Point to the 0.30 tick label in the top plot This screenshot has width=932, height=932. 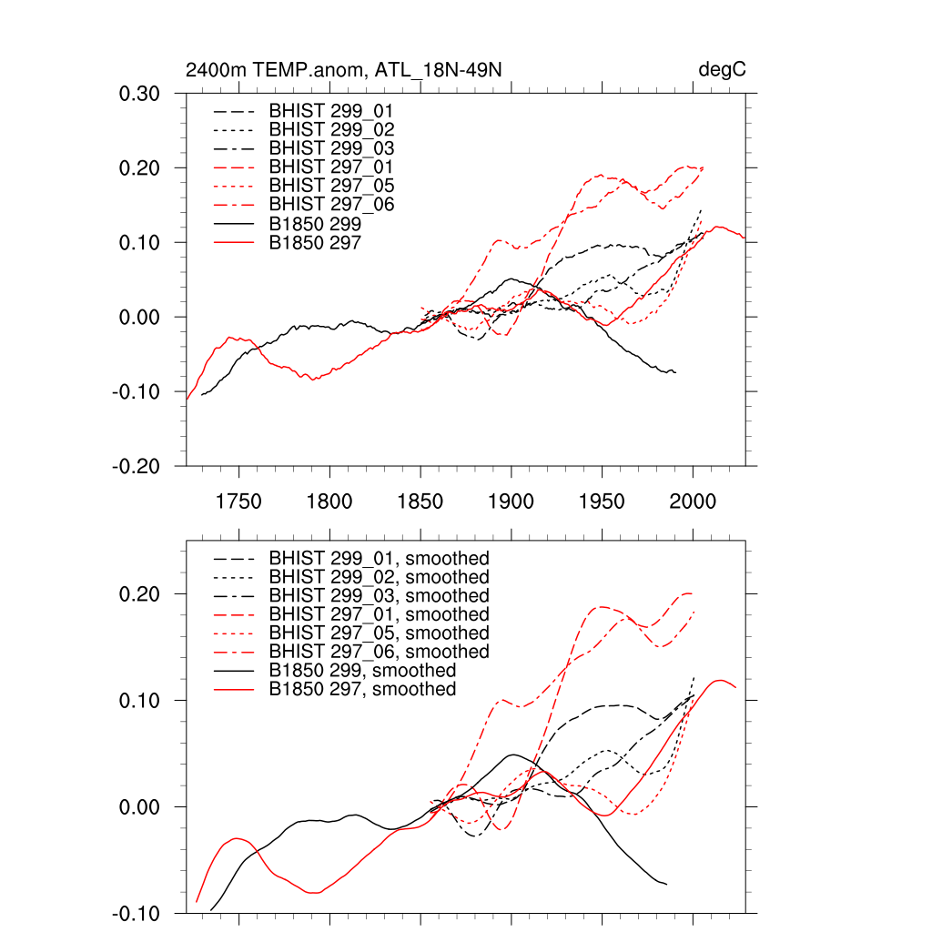tap(140, 94)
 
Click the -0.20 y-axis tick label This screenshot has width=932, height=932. tap(137, 467)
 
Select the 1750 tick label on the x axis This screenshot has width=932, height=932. tap(238, 501)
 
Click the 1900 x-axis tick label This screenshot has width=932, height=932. tap(512, 501)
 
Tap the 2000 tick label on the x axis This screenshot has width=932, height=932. tap(694, 501)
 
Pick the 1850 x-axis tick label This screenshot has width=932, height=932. tap(420, 501)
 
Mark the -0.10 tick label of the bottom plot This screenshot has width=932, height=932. tap(137, 913)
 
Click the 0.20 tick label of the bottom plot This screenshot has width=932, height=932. tap(140, 594)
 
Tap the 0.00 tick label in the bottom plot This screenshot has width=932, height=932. tap(140, 807)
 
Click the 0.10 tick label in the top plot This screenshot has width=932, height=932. tap(140, 243)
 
